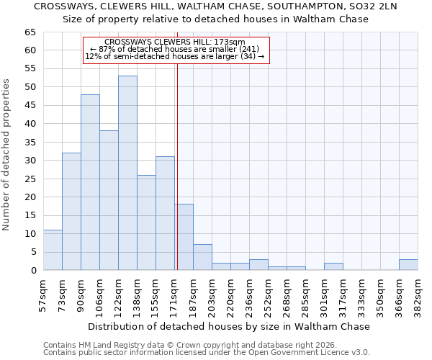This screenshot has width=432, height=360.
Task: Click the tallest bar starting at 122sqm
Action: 127,173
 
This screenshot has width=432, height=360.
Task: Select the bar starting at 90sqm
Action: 90,182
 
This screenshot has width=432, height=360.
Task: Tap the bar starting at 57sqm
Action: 53,250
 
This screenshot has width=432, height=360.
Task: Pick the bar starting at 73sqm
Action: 71,212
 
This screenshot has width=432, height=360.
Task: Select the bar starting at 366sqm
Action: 408,264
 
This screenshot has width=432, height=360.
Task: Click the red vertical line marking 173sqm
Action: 177,166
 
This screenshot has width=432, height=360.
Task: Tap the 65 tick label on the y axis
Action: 30,32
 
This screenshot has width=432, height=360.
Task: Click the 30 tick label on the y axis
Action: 30,161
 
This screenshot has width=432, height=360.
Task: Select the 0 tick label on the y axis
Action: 33,271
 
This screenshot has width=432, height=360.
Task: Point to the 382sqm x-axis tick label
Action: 418,295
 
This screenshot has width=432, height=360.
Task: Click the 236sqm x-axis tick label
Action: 249,295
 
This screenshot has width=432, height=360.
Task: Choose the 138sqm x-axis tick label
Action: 137,295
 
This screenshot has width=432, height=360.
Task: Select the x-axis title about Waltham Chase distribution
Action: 230,326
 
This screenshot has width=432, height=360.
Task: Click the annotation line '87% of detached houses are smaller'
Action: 175,49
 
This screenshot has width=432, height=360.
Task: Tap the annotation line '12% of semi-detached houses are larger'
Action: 175,56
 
